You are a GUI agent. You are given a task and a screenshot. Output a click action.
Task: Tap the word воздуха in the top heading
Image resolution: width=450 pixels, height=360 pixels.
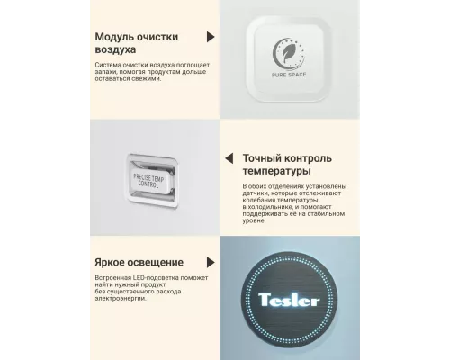[119, 52]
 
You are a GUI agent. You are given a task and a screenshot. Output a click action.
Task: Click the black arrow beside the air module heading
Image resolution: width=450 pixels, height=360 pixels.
[211, 38]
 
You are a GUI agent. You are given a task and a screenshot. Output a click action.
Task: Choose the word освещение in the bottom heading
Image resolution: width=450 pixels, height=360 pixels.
[164, 262]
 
